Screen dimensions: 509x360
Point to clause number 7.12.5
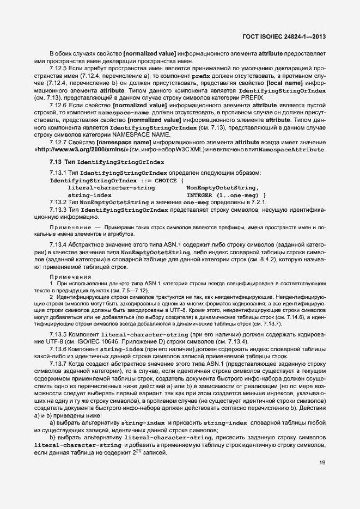pyautogui.click(x=59, y=69)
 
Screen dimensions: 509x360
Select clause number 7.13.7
pyautogui.click(x=59, y=363)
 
